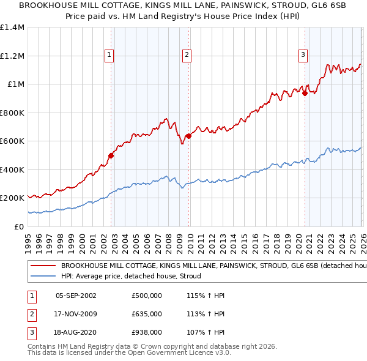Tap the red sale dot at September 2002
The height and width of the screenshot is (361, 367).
[x=111, y=155]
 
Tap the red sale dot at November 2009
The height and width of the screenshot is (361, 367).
[x=188, y=136]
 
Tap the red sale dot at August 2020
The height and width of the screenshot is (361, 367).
[x=304, y=93]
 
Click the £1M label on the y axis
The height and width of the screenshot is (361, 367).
[x=15, y=84]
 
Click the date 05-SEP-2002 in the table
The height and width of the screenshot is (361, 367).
[x=76, y=296]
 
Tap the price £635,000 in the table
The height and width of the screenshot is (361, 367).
[x=146, y=314]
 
